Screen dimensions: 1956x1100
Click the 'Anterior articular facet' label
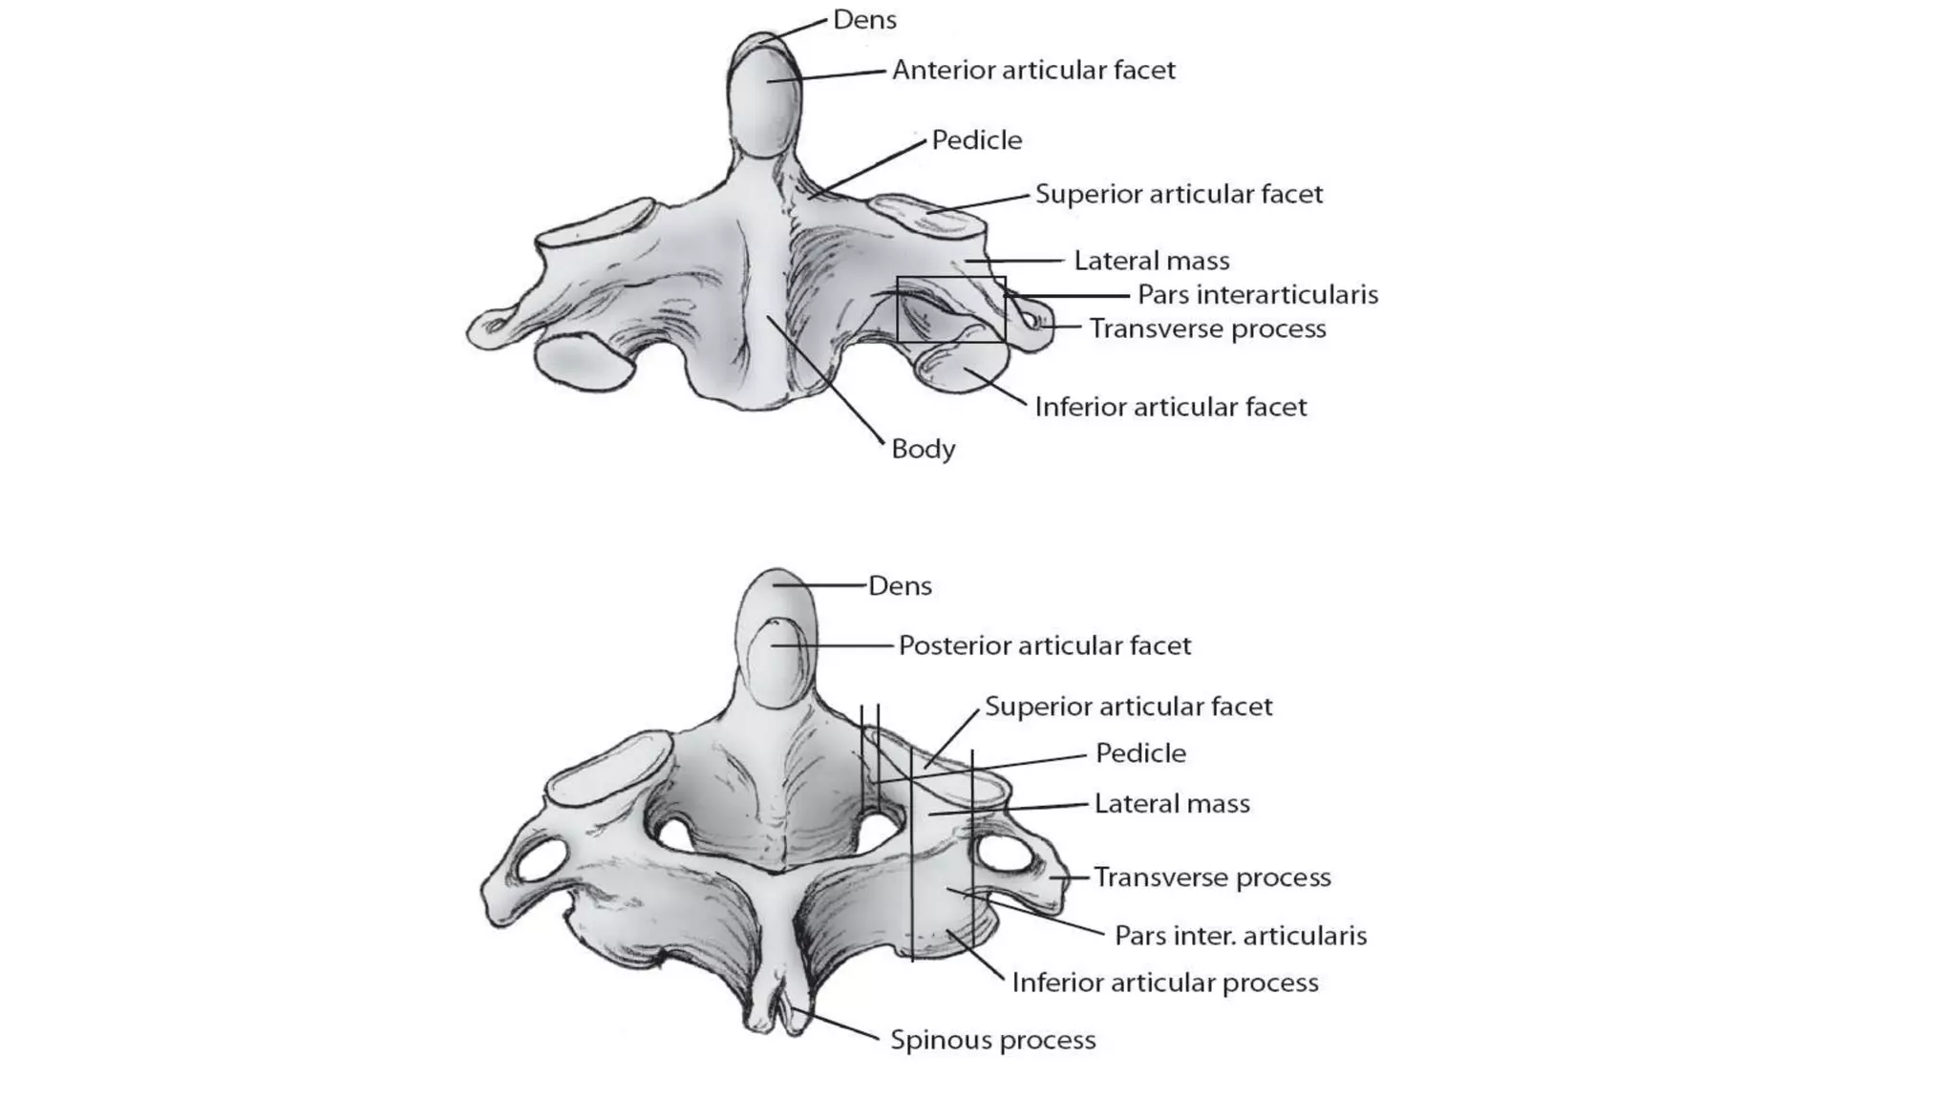pos(1033,70)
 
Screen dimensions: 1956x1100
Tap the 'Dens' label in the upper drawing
pos(864,19)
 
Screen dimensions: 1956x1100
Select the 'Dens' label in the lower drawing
pos(900,585)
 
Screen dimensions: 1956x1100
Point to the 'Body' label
pos(923,449)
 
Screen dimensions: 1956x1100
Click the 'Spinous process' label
pos(992,1040)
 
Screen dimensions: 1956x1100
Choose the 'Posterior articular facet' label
pos(1045,645)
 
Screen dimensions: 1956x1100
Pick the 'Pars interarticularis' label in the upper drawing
pos(1258,294)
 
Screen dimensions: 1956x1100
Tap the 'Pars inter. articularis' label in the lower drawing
pos(1241,935)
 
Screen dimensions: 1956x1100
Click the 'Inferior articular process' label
pos(1165,983)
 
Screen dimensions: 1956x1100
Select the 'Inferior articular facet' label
pos(1171,407)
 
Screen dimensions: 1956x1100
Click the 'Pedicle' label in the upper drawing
pos(977,140)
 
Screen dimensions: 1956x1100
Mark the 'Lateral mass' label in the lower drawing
pos(1172,804)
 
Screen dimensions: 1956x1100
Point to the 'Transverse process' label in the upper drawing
pos(1208,328)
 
